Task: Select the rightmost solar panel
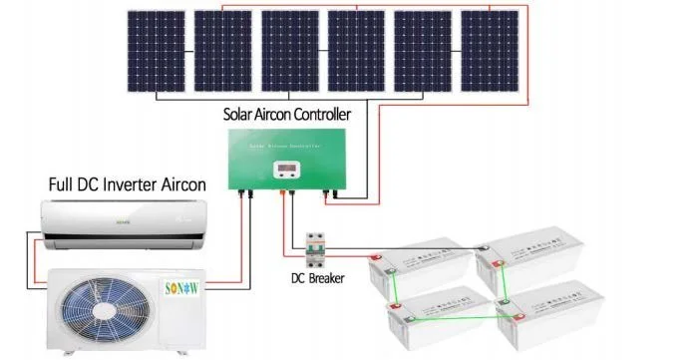coord(490,51)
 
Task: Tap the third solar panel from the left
coord(289,51)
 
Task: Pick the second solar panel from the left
coord(222,51)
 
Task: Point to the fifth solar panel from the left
coord(423,51)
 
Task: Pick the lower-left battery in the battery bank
coord(438,318)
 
